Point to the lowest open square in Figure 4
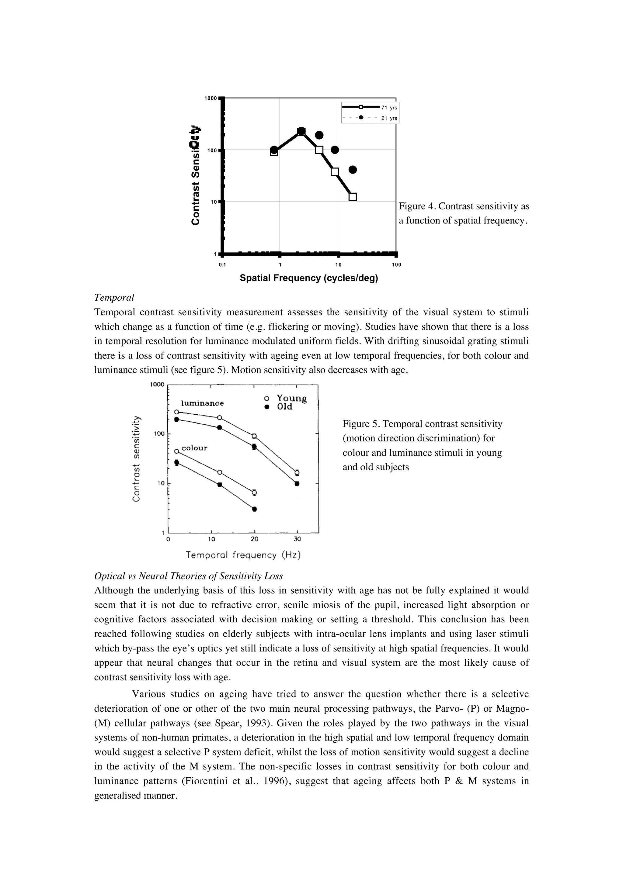(x=352, y=197)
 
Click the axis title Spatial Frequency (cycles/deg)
(x=309, y=278)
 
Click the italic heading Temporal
(x=114, y=297)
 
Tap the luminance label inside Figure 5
(x=202, y=403)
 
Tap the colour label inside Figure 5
(x=194, y=448)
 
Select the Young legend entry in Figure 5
(x=291, y=398)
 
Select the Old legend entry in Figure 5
(x=284, y=407)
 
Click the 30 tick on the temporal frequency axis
(x=297, y=539)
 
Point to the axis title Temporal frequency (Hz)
(x=243, y=555)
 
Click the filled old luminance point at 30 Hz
(x=297, y=483)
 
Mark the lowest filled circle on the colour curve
(x=254, y=509)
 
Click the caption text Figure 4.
(x=417, y=206)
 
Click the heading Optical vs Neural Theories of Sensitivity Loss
(x=189, y=576)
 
